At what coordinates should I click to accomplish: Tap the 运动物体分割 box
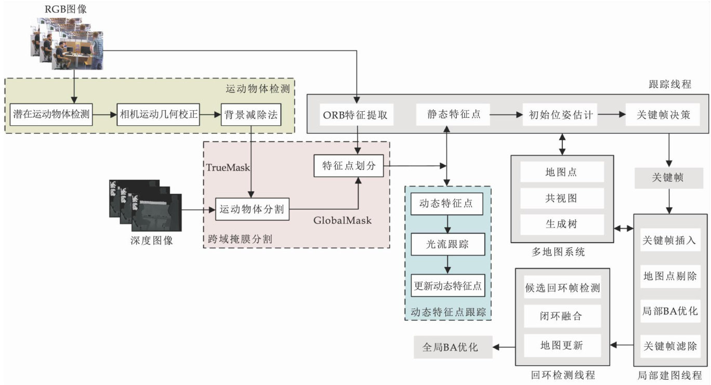(x=252, y=210)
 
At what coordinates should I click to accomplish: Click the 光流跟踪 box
(x=447, y=244)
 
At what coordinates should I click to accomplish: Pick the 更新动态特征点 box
(x=447, y=285)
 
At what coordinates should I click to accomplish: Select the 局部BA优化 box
(x=670, y=312)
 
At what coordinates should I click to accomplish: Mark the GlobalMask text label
(x=343, y=220)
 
